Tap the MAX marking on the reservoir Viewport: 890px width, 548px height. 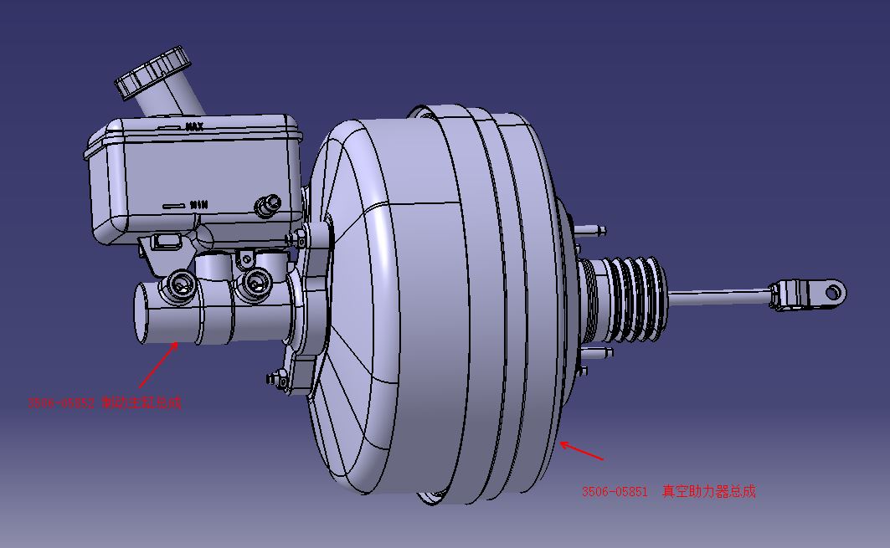tap(194, 127)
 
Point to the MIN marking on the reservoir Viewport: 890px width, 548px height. tap(198, 203)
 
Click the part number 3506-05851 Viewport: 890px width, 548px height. tap(615, 492)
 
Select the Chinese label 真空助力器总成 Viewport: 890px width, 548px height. tap(708, 492)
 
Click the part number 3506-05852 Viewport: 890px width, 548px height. tap(61, 402)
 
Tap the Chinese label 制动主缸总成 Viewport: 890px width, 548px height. tap(141, 402)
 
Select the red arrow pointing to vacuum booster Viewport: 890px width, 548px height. tap(581, 451)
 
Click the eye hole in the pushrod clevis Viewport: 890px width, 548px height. tap(832, 291)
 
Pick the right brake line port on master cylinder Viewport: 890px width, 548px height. tap(250, 285)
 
